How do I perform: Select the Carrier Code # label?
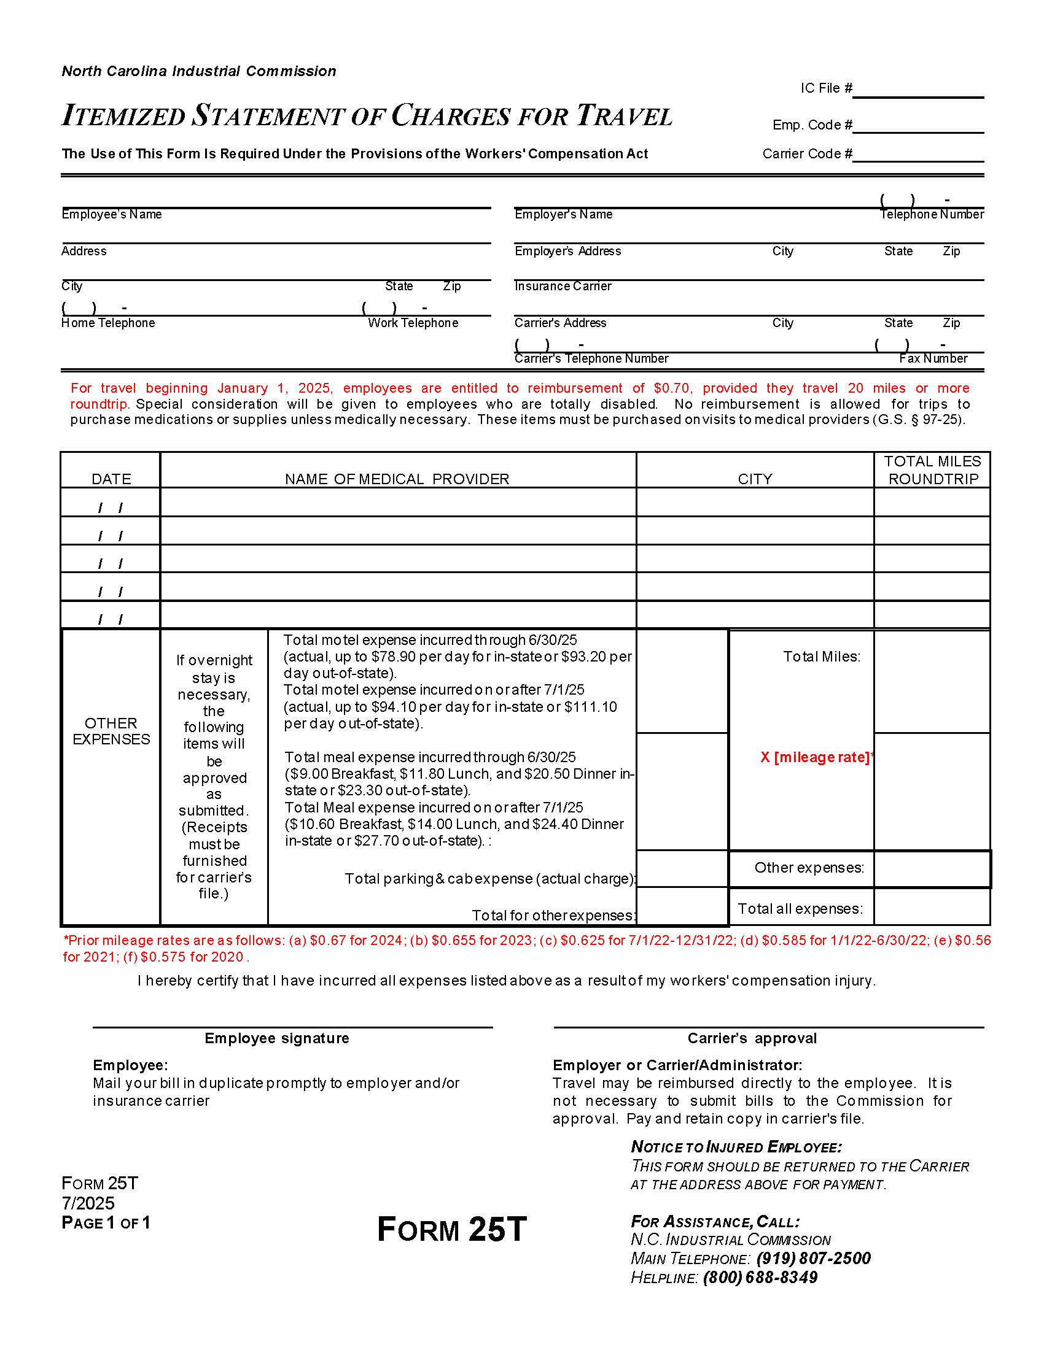point(806,154)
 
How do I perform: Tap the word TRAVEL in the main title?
point(624,116)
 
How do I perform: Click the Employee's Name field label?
point(111,215)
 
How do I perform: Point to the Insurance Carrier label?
point(562,286)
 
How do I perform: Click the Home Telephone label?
point(107,323)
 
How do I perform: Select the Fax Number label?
point(933,358)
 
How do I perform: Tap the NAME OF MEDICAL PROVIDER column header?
point(397,479)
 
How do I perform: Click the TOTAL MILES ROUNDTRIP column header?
point(932,471)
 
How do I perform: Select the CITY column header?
point(755,479)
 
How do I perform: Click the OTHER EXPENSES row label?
point(111,731)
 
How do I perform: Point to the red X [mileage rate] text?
point(815,757)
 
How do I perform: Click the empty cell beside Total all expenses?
point(932,908)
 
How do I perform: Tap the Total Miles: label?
point(821,657)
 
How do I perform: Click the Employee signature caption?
point(276,1038)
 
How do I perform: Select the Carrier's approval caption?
point(752,1038)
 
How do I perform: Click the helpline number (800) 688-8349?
point(760,1278)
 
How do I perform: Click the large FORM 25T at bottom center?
point(451,1230)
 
